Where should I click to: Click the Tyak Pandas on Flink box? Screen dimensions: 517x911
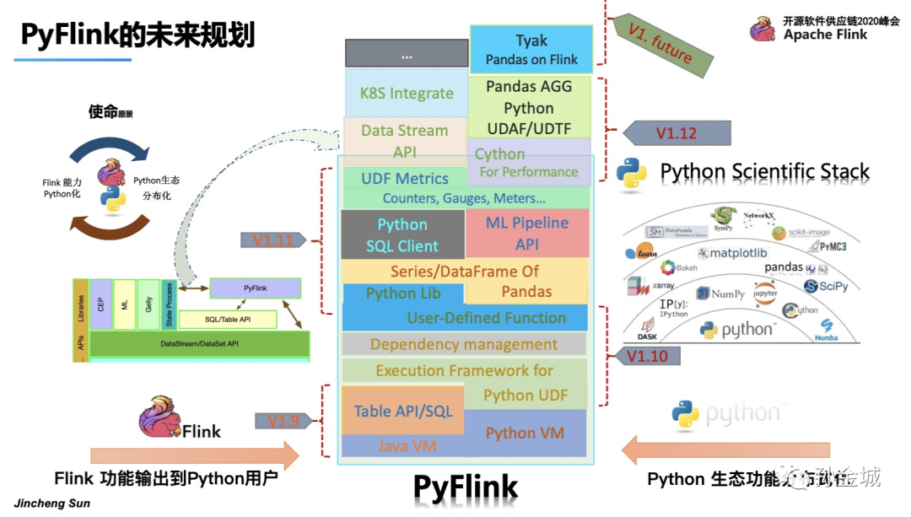coord(531,49)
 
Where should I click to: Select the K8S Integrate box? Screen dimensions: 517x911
coord(406,93)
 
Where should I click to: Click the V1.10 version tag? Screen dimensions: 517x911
coord(648,356)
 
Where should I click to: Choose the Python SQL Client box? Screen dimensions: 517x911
coord(402,234)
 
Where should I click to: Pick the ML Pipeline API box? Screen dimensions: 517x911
coord(527,234)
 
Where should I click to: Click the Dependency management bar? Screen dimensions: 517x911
coord(463,344)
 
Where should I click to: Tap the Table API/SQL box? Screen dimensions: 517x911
coord(402,411)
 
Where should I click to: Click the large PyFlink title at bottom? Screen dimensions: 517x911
coord(465,487)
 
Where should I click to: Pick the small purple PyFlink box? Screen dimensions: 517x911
coord(255,288)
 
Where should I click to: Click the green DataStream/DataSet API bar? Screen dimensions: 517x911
coord(200,344)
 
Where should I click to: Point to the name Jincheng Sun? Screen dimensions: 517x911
coord(52,504)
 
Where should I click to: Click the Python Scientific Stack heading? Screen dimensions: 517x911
coord(763,172)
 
